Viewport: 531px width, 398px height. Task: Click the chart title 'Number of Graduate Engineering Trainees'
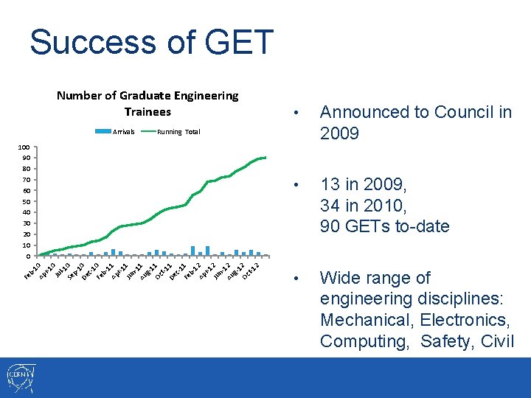point(147,103)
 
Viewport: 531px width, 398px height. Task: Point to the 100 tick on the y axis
point(24,147)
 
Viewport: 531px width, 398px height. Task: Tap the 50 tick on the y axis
point(27,202)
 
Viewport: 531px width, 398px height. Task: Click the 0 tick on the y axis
point(29,256)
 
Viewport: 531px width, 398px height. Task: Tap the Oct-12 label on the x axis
point(251,270)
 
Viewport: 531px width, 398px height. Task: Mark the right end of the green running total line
point(266,157)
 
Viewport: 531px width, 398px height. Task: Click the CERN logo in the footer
point(21,377)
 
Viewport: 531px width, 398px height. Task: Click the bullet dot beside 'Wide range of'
point(295,279)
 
